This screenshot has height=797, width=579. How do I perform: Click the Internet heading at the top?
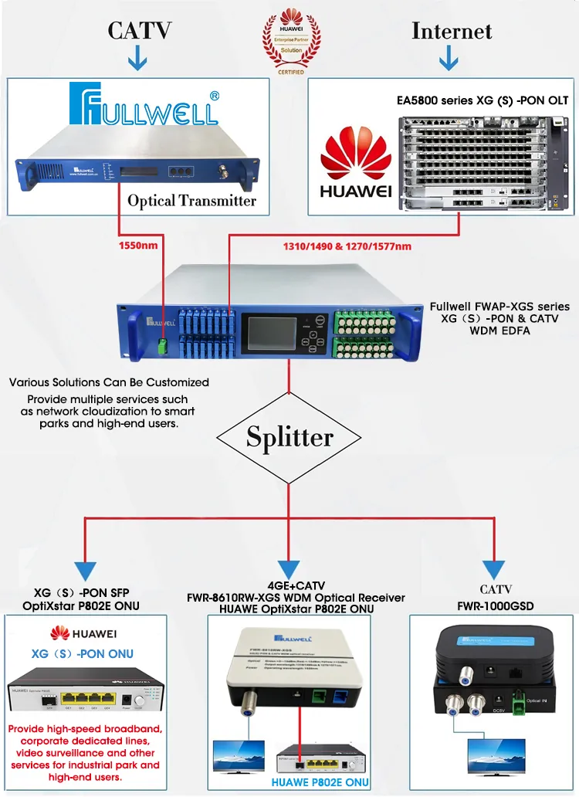(452, 31)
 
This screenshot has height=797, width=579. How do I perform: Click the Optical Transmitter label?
(191, 201)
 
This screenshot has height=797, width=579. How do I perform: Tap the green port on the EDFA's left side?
(164, 344)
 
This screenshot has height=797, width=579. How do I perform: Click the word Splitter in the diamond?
(289, 437)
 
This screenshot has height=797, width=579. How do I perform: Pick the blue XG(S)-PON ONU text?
(82, 653)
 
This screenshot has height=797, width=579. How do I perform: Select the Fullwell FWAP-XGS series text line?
(499, 307)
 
